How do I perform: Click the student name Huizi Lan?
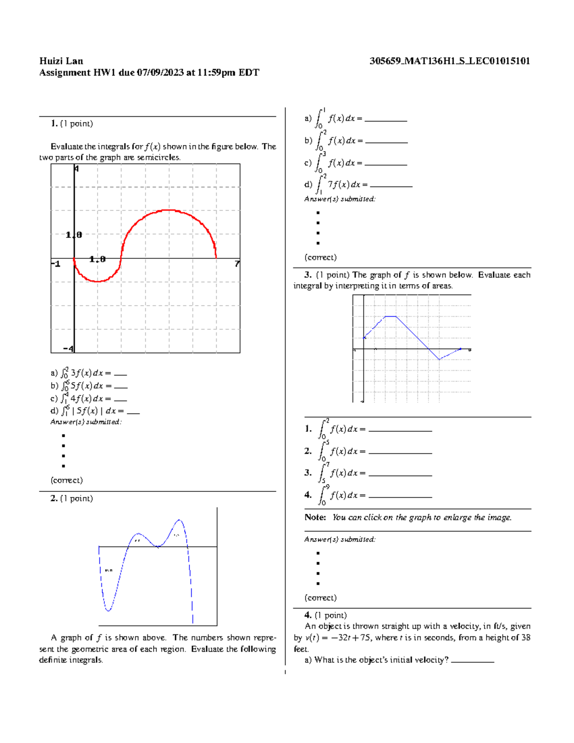[x=61, y=61]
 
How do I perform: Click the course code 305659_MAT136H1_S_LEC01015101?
[x=450, y=61]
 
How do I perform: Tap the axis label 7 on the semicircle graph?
[x=237, y=264]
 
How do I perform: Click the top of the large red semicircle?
[x=168, y=210]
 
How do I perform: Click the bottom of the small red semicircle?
[x=98, y=281]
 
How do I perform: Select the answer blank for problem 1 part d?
[x=133, y=412]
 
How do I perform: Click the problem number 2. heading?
[x=54, y=499]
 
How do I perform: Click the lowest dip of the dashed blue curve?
[x=109, y=610]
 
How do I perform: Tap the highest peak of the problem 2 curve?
[x=179, y=520]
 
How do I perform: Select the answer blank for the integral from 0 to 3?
[x=386, y=164]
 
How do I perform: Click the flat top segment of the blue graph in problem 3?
[x=391, y=316]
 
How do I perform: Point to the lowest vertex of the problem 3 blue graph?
[x=439, y=359]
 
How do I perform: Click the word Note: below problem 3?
[x=315, y=518]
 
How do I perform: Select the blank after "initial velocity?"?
[x=472, y=661]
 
